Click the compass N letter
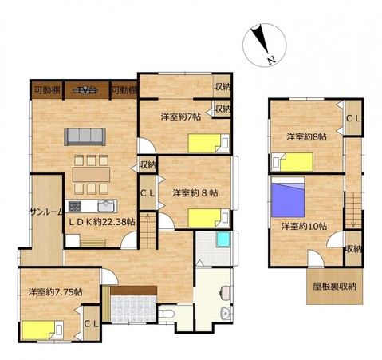click(271, 61)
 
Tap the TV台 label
click(87, 90)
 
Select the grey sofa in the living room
click(85, 136)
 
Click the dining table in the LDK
click(91, 174)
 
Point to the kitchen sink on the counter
click(106, 206)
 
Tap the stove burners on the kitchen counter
click(75, 206)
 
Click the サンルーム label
click(46, 212)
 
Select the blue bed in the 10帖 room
click(288, 197)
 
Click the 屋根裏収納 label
click(334, 287)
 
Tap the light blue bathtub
click(223, 239)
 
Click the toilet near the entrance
click(166, 315)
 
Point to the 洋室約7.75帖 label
click(55, 292)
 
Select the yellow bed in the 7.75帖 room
click(42, 330)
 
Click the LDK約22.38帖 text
click(102, 222)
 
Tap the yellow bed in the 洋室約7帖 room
click(209, 143)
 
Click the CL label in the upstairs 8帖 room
click(353, 119)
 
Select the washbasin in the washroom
click(226, 314)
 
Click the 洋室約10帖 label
click(304, 227)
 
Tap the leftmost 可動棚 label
click(47, 90)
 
